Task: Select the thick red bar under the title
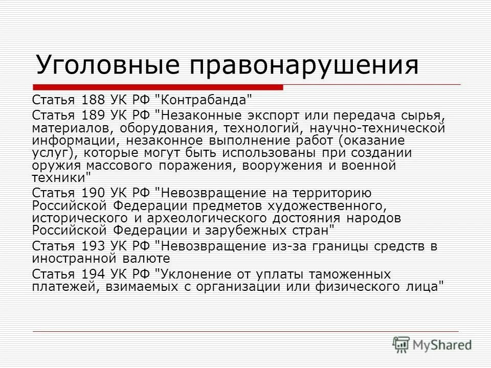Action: coord(158,87)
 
